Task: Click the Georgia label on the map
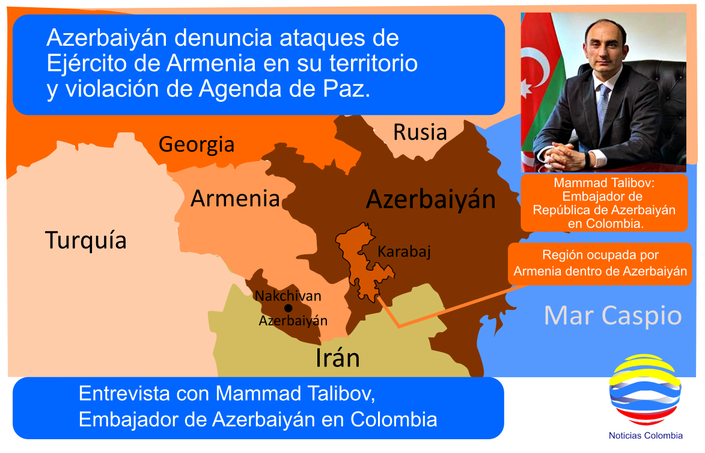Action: [x=197, y=145]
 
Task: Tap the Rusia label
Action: [x=420, y=132]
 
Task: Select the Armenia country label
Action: [x=235, y=199]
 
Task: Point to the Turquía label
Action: [x=86, y=240]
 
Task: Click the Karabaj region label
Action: [x=404, y=251]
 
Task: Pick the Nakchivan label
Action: [x=288, y=296]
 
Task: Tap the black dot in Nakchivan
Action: [x=288, y=308]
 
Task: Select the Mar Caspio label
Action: [x=613, y=316]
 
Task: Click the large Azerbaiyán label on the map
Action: [x=431, y=199]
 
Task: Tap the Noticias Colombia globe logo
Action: [x=645, y=390]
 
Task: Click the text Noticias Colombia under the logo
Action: [x=645, y=436]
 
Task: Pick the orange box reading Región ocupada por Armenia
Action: [x=600, y=263]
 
